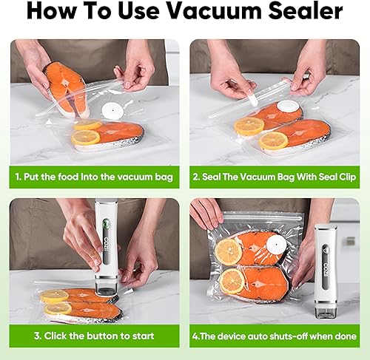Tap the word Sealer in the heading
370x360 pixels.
click(306, 12)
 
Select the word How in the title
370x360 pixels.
click(55, 12)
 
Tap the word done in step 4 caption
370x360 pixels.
click(346, 335)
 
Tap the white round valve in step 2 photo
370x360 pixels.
click(289, 106)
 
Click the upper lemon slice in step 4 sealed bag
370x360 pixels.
click(229, 251)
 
